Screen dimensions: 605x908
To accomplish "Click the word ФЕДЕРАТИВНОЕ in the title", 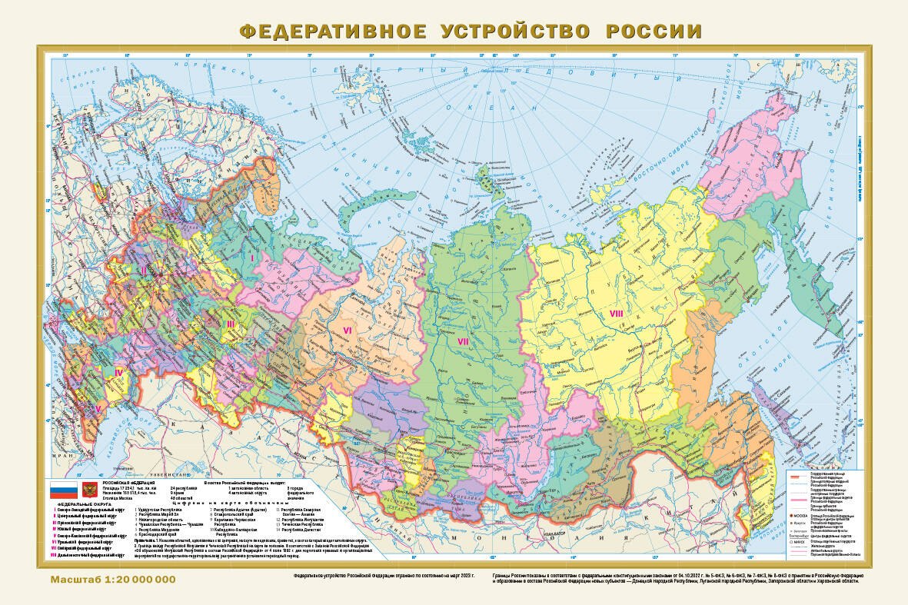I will (x=333, y=32).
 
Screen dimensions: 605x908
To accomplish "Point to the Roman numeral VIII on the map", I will (x=616, y=313).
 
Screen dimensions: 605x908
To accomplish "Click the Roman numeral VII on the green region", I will (x=464, y=341).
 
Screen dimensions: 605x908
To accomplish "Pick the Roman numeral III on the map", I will (x=230, y=324).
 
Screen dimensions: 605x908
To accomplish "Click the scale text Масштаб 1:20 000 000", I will (x=113, y=579).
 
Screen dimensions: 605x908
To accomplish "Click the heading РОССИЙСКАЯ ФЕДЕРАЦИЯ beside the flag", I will (x=128, y=482).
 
